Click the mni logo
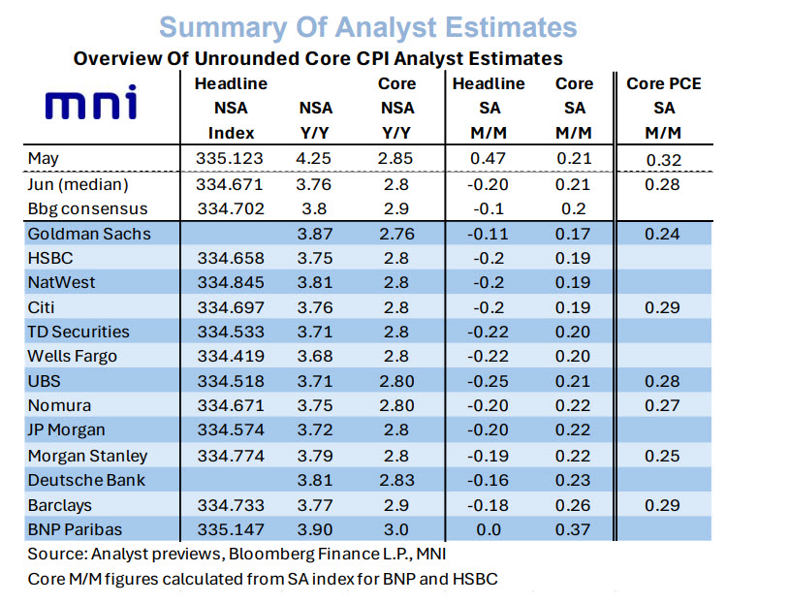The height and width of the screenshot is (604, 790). click(91, 102)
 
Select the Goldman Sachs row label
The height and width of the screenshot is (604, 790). click(89, 234)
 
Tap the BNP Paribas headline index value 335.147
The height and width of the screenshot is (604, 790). click(231, 529)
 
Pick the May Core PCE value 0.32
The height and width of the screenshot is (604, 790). click(664, 160)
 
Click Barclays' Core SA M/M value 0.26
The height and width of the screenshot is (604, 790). click(573, 505)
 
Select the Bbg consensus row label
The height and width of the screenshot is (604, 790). click(87, 208)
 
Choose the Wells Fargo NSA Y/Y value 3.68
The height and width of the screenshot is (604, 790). click(315, 356)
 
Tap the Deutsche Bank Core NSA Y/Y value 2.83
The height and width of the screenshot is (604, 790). click(397, 480)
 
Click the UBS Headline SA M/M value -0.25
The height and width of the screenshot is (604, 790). click(488, 381)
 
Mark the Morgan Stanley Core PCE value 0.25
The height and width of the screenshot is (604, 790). click(662, 456)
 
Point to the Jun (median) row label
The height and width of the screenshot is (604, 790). click(79, 184)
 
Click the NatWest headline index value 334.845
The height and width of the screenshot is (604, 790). click(231, 282)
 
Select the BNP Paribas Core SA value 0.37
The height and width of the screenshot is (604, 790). click(573, 529)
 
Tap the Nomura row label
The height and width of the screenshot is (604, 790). click(59, 405)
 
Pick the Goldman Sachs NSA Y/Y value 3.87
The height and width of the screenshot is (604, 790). click(315, 234)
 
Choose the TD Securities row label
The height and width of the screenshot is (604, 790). click(79, 332)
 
